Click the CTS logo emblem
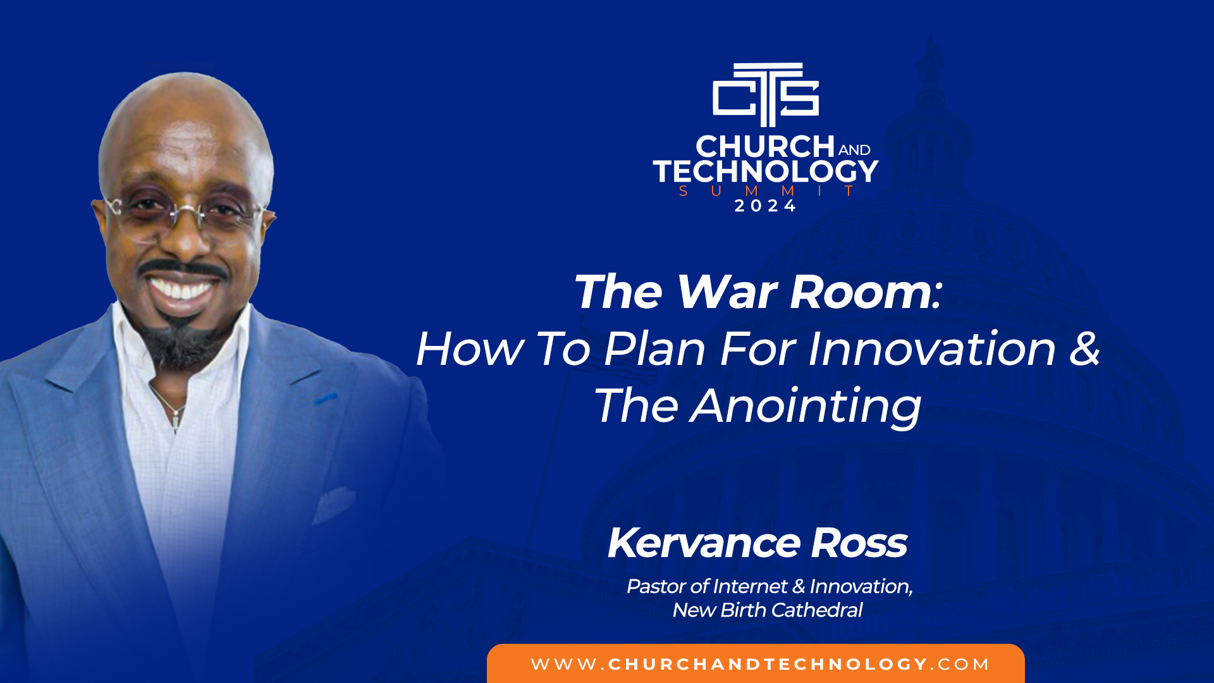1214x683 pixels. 766,94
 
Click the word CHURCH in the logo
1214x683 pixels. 765,147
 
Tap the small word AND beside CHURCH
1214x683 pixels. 854,150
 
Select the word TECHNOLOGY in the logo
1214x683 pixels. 766,171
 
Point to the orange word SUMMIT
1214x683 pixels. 766,191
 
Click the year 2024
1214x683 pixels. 765,206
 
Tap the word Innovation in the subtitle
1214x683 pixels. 933,348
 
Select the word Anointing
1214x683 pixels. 806,407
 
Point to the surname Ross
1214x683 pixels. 859,543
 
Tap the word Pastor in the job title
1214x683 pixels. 656,586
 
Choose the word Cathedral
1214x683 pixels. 817,610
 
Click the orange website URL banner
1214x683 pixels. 756,663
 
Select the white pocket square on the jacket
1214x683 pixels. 333,504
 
